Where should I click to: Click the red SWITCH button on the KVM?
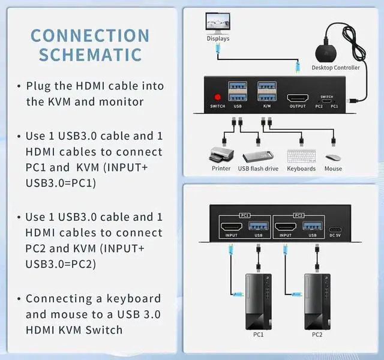point(217,97)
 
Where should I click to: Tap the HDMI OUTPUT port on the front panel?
point(298,97)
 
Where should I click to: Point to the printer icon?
point(221,155)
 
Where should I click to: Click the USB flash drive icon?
point(258,155)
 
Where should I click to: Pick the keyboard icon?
point(301,156)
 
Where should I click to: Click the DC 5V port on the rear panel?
point(335,228)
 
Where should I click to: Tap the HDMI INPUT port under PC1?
point(232,227)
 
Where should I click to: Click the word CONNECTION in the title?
point(90,35)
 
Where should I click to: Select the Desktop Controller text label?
point(335,68)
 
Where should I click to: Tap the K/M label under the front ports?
point(267,107)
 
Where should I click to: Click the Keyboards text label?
point(301,169)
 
